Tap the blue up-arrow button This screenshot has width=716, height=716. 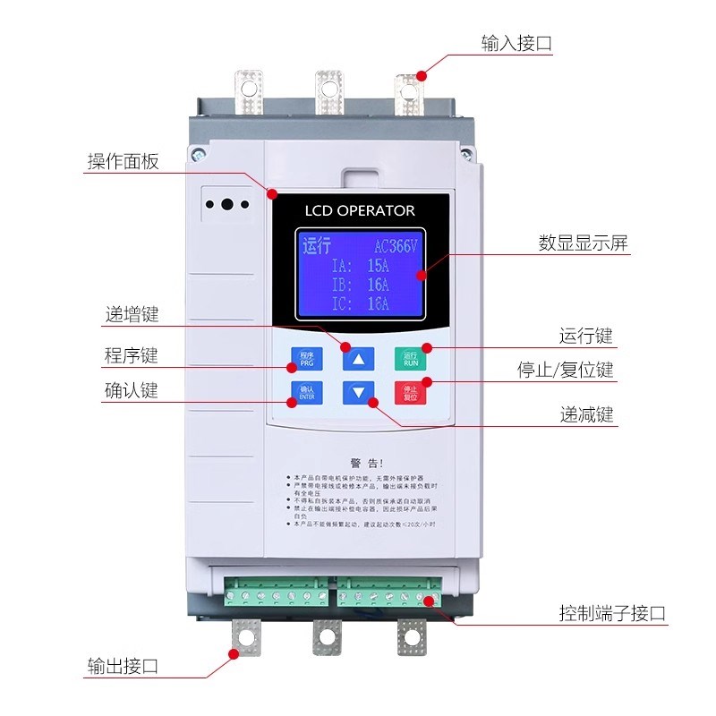(358, 360)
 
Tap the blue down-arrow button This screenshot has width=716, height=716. (358, 392)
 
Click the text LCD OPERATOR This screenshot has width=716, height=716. (361, 210)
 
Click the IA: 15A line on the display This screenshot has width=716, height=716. (361, 266)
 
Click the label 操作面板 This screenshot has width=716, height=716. (123, 161)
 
